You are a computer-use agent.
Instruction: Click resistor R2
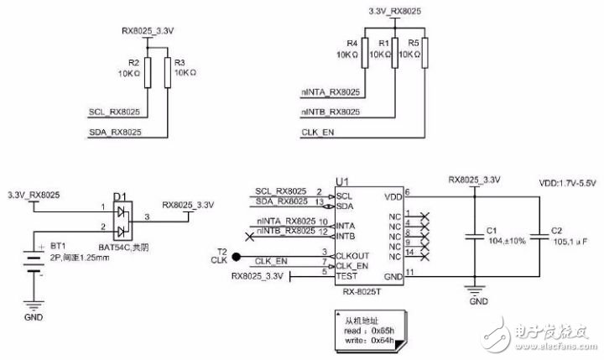148,74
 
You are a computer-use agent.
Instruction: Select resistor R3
169,74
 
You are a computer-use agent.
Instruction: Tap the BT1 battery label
58,245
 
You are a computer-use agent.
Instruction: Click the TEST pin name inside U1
345,275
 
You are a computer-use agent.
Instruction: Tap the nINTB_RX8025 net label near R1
330,112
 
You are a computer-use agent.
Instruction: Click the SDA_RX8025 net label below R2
114,133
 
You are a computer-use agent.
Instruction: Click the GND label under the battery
33,318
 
